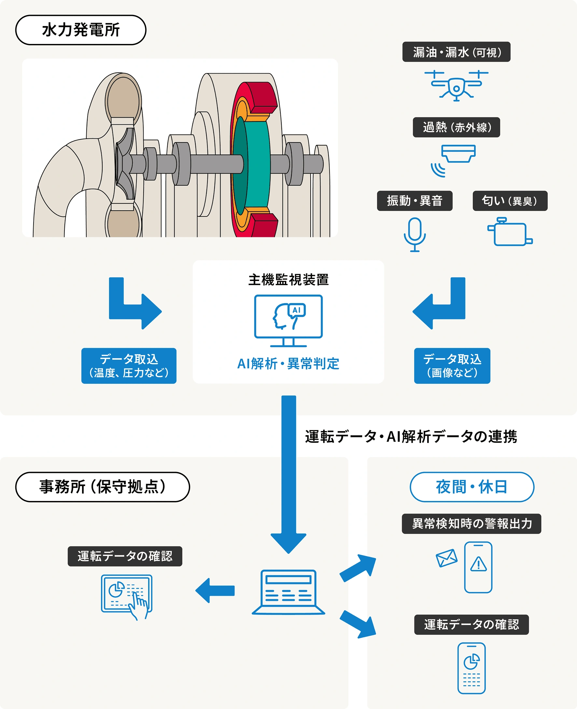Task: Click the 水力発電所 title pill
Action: point(81,30)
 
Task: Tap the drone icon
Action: point(456,85)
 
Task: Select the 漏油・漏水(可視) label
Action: point(456,52)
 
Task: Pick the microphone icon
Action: point(415,234)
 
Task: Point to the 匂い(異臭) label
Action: point(510,201)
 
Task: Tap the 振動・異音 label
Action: point(415,201)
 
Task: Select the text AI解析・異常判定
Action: point(288,364)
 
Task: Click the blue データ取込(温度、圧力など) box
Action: point(129,366)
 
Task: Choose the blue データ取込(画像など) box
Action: point(452,366)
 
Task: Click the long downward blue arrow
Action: point(288,472)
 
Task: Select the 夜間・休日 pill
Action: point(471,487)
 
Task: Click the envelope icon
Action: point(446,558)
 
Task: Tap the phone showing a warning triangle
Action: point(478,567)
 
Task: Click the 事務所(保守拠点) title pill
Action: point(102,487)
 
